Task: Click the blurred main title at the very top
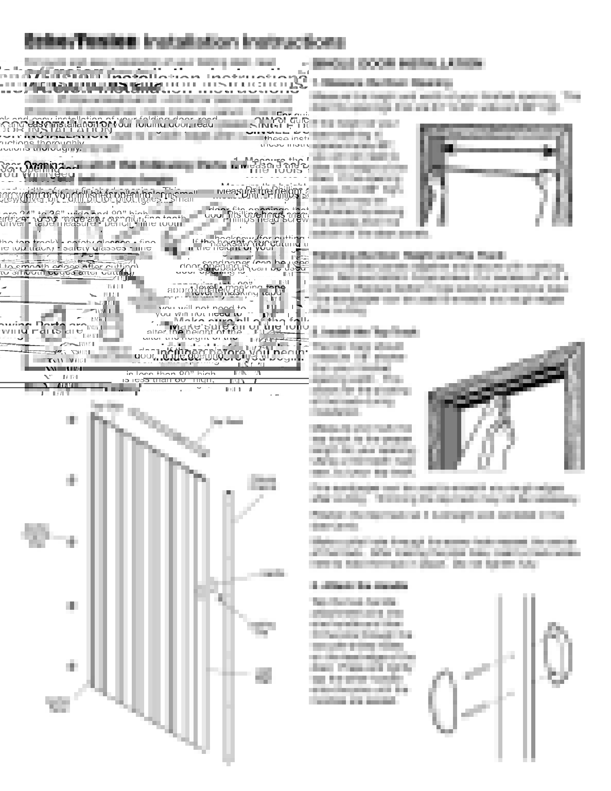(184, 41)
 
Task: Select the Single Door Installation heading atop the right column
(397, 64)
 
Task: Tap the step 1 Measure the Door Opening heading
(382, 82)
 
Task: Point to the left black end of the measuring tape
(448, 148)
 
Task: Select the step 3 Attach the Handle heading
(360, 586)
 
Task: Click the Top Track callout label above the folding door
(107, 406)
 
